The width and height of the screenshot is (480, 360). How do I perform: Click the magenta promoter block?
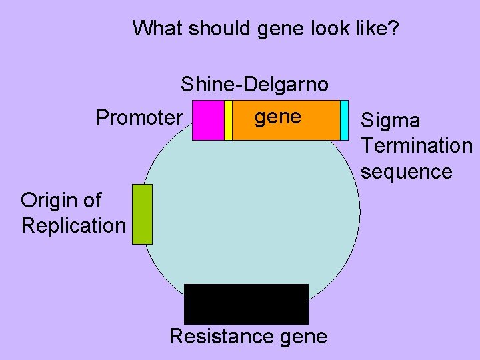point(208,120)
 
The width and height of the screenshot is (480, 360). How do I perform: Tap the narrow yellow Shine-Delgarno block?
point(228,120)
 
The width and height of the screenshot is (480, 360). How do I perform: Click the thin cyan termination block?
point(344,120)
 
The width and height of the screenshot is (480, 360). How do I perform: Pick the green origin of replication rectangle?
point(142,214)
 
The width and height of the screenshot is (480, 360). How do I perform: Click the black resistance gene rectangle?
point(246,304)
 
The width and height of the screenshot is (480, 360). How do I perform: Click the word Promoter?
point(139,118)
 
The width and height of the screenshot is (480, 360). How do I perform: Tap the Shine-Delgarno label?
point(254,85)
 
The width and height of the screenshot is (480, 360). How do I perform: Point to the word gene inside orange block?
point(278,117)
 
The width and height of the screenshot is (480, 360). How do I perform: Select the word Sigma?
point(390,121)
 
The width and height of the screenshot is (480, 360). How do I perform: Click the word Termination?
point(416,146)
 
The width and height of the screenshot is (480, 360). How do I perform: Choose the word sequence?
point(406,171)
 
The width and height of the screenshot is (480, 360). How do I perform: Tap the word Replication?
point(73,225)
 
